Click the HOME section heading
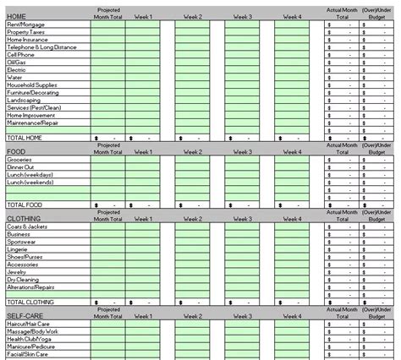(16, 17)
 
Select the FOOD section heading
(15, 150)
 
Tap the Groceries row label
(19, 159)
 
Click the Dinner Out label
(20, 166)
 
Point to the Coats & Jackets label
(25, 226)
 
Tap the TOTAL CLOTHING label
(30, 302)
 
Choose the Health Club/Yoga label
(28, 339)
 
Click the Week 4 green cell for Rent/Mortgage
(292, 25)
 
